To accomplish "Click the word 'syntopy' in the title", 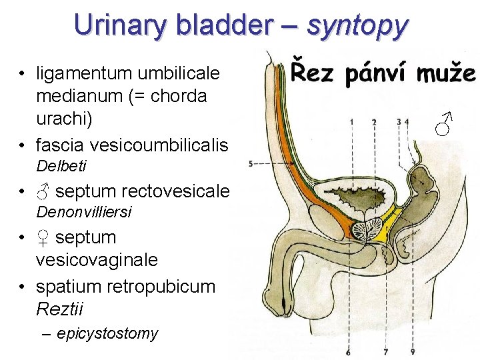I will [357, 26].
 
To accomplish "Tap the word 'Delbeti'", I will [61, 165].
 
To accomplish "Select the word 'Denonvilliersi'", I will [84, 213].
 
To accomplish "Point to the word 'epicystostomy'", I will [107, 333].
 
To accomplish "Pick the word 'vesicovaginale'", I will [97, 259].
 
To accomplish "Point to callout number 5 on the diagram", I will [250, 163].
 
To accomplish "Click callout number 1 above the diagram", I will [351, 122].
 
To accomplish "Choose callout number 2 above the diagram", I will [374, 122].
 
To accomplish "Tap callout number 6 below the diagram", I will [348, 352].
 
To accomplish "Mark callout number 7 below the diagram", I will [385, 352].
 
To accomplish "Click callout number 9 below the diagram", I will [413, 352].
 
